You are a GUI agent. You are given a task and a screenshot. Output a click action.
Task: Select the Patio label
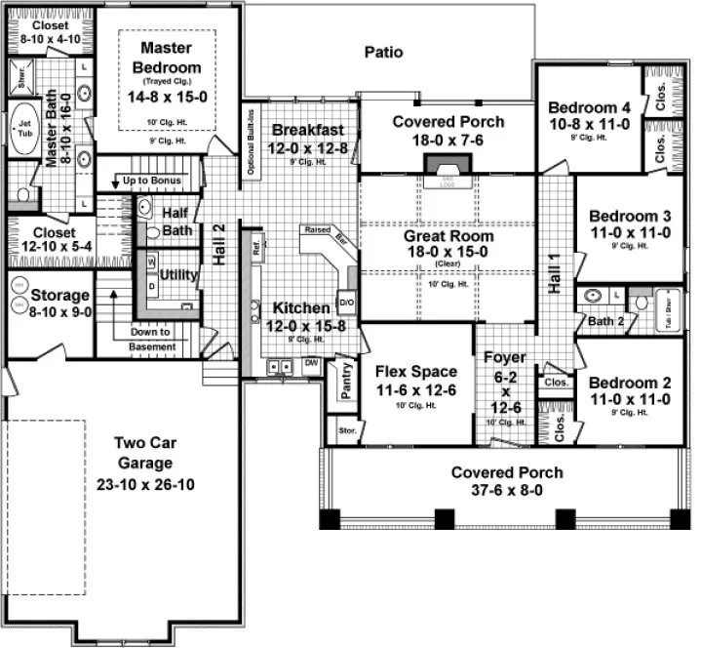[x=383, y=52]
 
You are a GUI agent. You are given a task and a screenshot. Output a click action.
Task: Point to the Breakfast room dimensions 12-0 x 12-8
[x=307, y=148]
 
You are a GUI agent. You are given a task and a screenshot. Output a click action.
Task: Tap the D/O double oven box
[x=345, y=303]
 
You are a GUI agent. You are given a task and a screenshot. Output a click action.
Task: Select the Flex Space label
[x=415, y=371]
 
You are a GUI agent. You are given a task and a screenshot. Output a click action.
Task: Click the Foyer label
[x=504, y=358]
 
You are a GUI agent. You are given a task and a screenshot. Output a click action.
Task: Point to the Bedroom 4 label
[x=584, y=107]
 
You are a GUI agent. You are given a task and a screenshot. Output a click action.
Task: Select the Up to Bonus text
[x=152, y=181]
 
